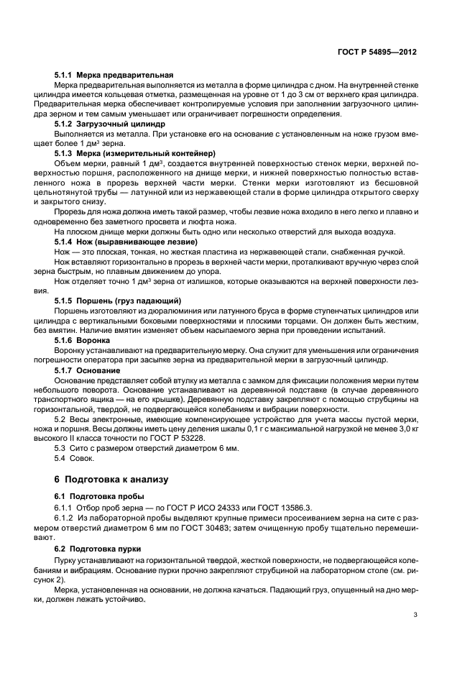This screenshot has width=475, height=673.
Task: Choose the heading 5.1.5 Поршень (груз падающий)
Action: click(118, 299)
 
